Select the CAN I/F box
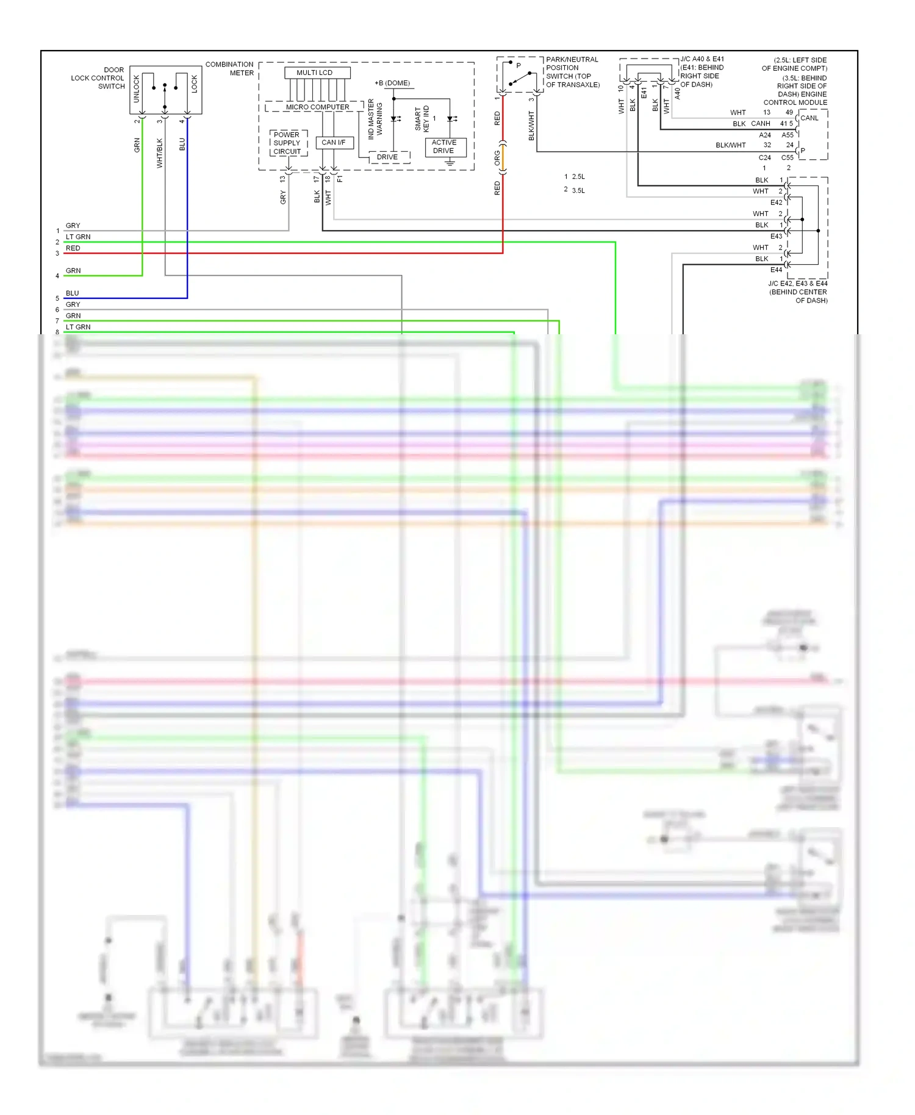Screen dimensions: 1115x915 333,142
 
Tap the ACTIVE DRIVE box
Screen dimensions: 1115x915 445,146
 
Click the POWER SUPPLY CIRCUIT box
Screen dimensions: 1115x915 287,143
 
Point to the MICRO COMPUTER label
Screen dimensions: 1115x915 317,107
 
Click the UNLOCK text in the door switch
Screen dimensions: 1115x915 137,89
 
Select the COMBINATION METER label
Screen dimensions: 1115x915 230,68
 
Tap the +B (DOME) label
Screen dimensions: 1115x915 392,83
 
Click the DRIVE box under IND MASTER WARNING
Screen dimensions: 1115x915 387,157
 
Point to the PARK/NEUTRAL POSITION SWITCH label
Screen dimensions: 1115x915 572,72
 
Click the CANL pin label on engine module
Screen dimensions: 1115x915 809,118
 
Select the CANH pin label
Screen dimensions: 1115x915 761,124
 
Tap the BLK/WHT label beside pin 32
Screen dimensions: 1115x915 730,145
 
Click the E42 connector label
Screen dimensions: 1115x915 776,203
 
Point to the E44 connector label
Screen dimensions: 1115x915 776,270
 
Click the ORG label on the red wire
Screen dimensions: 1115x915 497,159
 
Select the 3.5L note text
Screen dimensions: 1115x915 578,190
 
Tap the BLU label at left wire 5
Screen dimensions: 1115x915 73,293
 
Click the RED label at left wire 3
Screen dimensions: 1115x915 73,248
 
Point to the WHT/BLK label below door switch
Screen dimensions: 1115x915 160,152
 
